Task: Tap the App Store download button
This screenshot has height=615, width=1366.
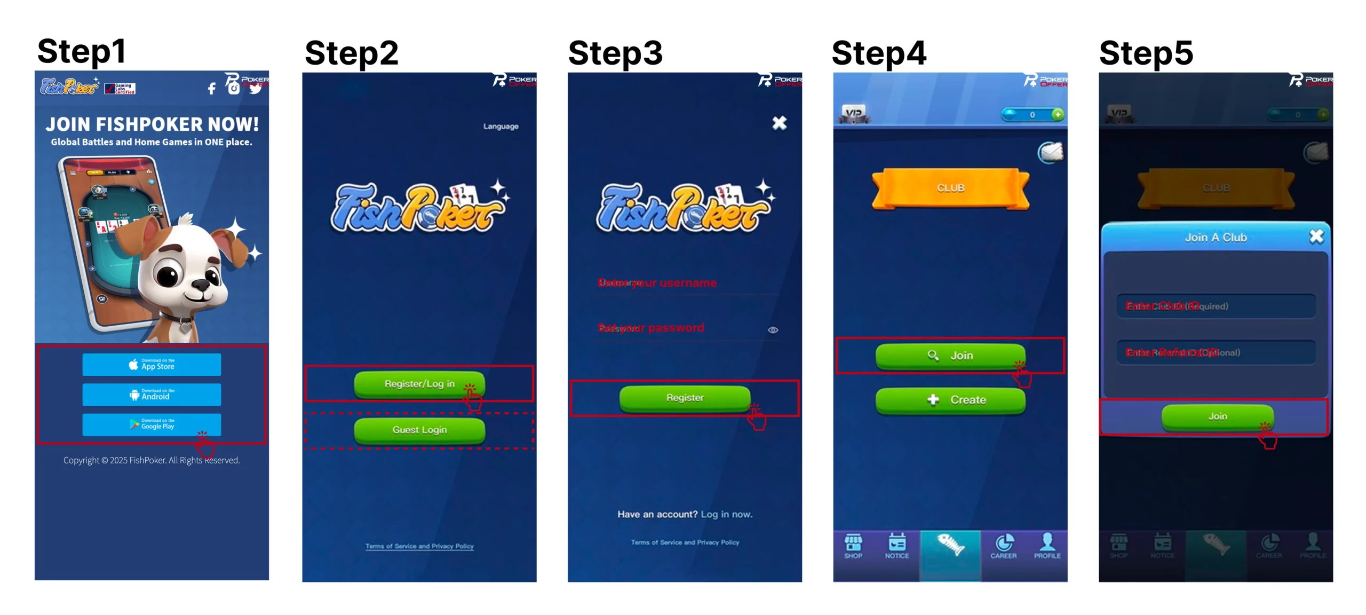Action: click(152, 365)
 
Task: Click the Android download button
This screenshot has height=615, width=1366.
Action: click(152, 395)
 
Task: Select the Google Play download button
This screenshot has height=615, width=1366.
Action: click(152, 424)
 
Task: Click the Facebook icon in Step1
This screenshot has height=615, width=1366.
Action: click(212, 89)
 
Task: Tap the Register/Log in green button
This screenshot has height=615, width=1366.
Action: click(419, 384)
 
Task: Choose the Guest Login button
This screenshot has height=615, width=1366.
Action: click(419, 430)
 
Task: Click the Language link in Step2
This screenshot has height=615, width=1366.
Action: click(501, 127)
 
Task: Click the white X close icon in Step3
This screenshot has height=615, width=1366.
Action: click(779, 123)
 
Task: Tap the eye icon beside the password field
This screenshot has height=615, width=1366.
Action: click(773, 330)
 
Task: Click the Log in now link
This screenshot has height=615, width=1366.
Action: click(726, 514)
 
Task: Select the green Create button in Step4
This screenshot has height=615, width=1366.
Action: click(950, 400)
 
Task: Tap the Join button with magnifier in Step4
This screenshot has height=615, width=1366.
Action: click(950, 356)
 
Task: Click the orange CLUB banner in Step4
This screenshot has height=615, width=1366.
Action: click(950, 188)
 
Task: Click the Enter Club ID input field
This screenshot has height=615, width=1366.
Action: click(1216, 306)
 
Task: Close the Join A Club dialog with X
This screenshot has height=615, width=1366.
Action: click(1316, 236)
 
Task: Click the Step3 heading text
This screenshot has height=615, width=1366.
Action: click(615, 53)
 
